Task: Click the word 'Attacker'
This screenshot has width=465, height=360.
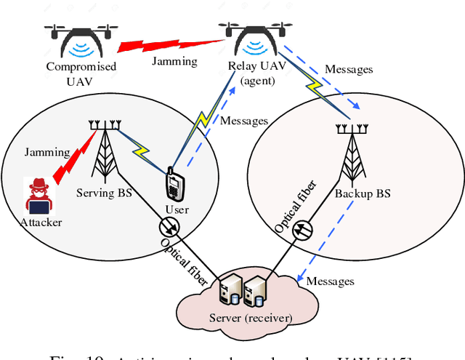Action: point(41,222)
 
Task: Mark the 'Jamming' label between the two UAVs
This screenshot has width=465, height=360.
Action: point(174,61)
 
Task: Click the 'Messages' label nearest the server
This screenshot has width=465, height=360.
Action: point(330,281)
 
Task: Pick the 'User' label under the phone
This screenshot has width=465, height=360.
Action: point(177,209)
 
